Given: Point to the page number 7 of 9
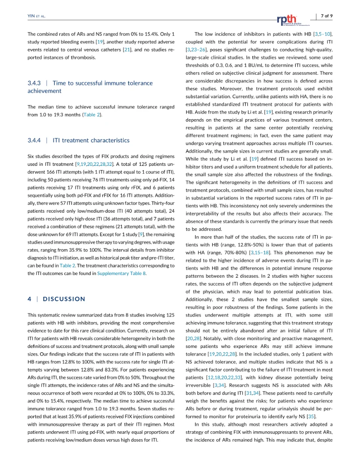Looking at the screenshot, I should click(x=326, y=16).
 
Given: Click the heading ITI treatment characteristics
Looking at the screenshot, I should click(x=91, y=141).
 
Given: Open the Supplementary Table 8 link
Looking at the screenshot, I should click(x=121, y=273).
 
